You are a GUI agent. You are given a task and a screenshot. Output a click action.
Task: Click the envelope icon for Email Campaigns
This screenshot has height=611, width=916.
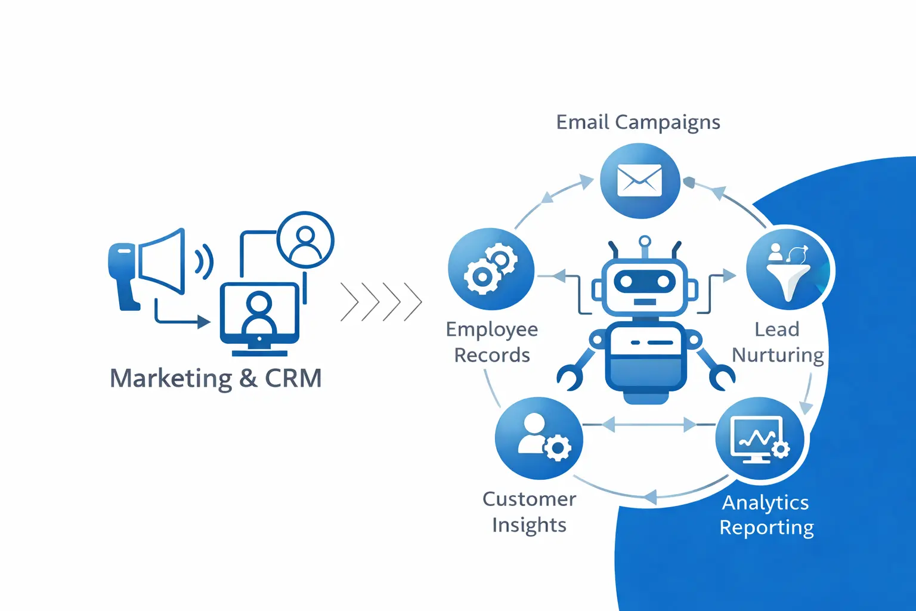tap(639, 180)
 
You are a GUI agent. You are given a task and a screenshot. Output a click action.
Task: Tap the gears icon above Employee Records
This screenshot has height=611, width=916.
tap(491, 269)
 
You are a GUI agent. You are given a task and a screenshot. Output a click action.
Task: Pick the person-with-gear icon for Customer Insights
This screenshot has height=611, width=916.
tap(540, 438)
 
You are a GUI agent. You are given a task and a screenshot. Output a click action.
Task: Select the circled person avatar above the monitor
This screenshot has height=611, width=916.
tap(305, 240)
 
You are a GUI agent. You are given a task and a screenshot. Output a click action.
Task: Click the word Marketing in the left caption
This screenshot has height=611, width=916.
tap(171, 378)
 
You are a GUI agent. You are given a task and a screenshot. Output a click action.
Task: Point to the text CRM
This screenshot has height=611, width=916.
tap(293, 378)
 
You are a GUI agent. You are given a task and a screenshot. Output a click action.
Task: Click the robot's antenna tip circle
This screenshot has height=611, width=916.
tap(644, 242)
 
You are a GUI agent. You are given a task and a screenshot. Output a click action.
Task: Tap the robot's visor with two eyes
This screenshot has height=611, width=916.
tap(645, 280)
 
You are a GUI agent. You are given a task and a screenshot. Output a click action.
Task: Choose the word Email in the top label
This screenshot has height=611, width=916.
tap(583, 122)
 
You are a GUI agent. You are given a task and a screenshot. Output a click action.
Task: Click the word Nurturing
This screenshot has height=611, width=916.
tap(778, 355)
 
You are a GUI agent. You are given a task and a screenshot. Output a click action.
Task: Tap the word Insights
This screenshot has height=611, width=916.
tap(529, 525)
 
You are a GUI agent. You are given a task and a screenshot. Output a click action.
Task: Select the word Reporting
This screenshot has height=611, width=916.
tap(766, 527)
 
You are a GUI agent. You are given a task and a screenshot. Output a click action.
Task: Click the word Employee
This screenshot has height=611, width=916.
tap(492, 330)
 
